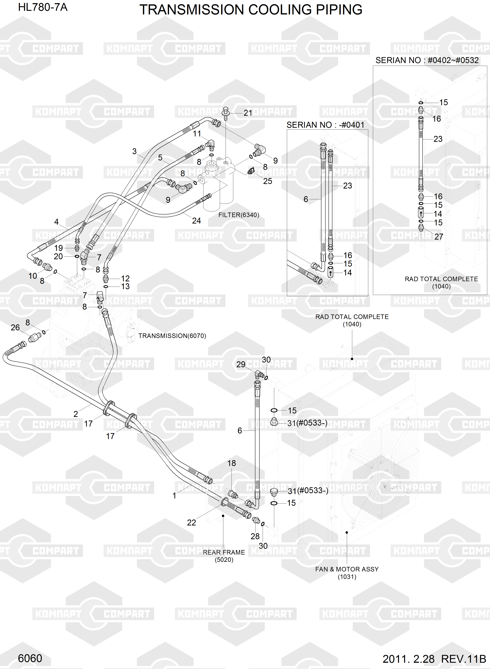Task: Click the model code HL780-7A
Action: click(43, 7)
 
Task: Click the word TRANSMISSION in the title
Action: click(192, 10)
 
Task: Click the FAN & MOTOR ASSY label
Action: click(347, 569)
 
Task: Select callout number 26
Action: click(15, 328)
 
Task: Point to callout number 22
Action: click(191, 522)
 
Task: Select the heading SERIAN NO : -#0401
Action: click(325, 125)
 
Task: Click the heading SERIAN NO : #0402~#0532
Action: click(427, 60)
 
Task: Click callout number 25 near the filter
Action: click(268, 181)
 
